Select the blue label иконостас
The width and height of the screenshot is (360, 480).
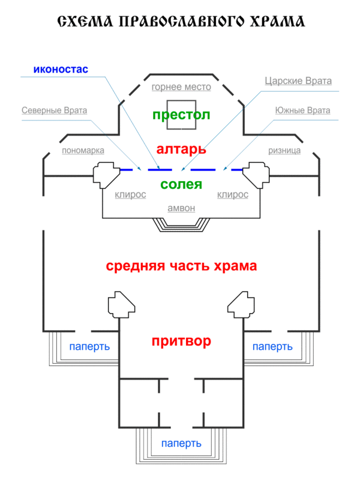61,69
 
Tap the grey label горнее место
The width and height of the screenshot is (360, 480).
181,87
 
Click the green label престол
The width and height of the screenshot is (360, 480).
181,115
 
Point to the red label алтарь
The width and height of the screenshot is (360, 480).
181,148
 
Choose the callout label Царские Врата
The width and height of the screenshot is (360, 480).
298,81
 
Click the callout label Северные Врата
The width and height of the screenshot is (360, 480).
54,110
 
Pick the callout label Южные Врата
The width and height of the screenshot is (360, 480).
302,110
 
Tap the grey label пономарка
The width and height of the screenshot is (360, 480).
83,151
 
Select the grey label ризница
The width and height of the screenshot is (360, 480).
284,151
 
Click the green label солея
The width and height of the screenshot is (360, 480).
181,185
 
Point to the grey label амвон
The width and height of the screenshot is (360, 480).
181,208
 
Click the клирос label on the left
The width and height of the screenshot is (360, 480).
130,194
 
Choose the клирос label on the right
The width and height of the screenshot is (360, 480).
233,194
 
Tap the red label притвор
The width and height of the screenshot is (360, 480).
181,341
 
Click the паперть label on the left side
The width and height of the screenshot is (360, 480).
89,347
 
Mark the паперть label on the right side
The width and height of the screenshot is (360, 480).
272,347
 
